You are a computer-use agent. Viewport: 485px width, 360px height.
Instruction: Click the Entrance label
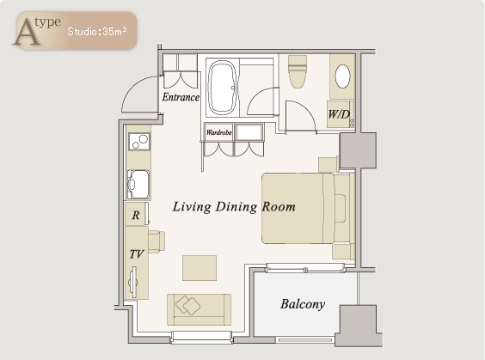[181, 97]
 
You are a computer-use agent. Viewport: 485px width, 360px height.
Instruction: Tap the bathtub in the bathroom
[223, 88]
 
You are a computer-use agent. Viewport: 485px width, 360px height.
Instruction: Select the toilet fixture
[298, 71]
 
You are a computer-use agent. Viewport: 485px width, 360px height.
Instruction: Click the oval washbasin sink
[343, 76]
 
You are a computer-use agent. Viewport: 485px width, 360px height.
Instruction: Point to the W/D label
[339, 114]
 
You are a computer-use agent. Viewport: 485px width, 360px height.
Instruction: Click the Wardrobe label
[219, 132]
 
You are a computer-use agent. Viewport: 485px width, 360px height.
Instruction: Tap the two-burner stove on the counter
[139, 142]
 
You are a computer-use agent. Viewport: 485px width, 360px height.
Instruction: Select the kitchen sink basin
[138, 185]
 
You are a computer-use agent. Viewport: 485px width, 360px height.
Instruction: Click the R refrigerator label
[136, 215]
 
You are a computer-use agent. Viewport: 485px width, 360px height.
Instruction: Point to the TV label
[137, 254]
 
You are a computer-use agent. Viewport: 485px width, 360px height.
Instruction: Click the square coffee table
[200, 268]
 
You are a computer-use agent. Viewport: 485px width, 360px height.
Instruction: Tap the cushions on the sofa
[187, 305]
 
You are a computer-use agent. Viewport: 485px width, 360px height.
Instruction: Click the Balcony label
[303, 304]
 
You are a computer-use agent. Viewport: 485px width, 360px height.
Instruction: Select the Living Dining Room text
[234, 207]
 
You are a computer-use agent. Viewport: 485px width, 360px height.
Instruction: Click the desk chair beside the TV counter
[157, 241]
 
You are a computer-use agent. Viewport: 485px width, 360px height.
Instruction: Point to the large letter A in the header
[27, 32]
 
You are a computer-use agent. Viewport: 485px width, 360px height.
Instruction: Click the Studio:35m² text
[97, 32]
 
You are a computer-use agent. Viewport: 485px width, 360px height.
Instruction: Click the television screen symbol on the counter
[133, 282]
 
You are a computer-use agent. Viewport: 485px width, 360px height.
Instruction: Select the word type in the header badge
[48, 22]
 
